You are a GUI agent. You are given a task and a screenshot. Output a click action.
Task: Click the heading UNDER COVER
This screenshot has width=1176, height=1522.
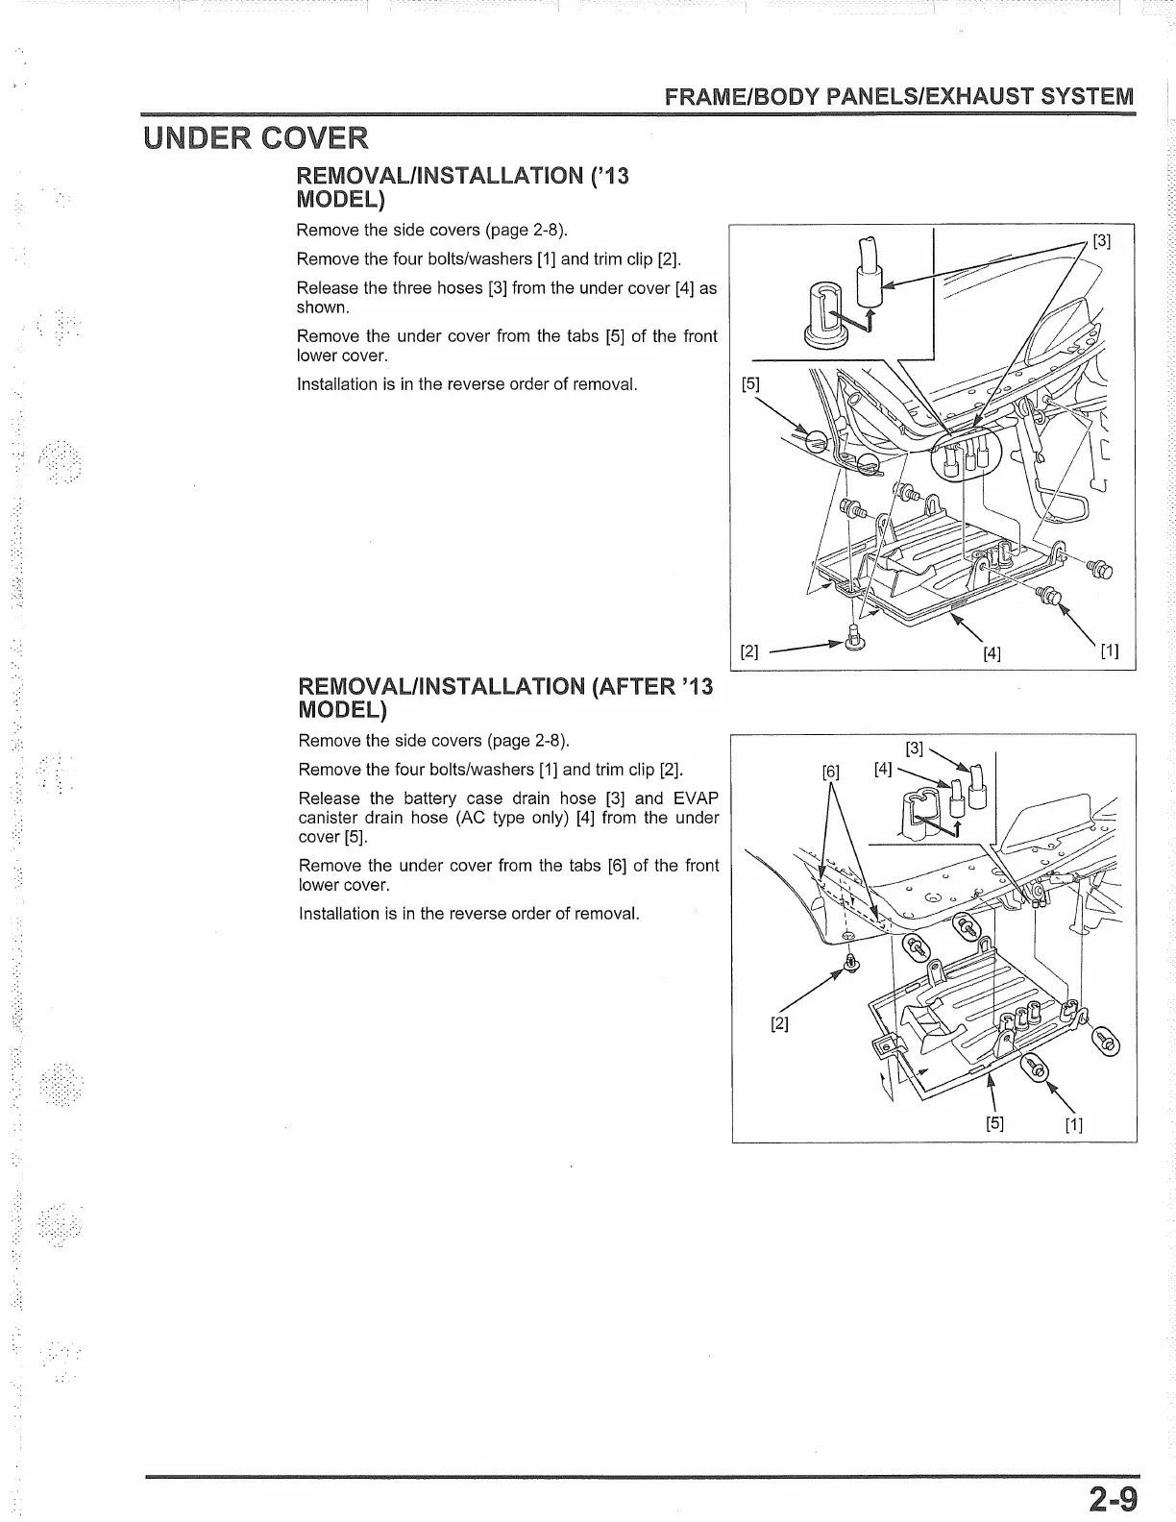click(x=255, y=138)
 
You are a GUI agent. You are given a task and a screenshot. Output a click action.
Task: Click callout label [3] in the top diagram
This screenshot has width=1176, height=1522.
click(x=1102, y=242)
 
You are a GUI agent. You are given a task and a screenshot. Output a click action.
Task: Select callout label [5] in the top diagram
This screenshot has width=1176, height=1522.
click(x=750, y=384)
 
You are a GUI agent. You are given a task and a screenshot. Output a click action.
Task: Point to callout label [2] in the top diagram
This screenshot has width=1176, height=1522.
click(x=749, y=651)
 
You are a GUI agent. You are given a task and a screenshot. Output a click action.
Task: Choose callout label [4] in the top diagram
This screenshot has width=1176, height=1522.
click(x=992, y=653)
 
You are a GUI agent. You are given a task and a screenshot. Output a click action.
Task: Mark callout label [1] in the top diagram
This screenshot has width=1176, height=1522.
click(x=1110, y=651)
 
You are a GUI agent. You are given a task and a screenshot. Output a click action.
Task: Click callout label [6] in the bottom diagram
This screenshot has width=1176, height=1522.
click(x=831, y=771)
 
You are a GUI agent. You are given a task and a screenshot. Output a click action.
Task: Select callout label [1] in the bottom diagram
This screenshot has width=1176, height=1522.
click(x=1074, y=1124)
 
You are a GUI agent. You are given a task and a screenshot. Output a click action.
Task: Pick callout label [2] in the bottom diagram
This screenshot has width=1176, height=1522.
click(x=779, y=1023)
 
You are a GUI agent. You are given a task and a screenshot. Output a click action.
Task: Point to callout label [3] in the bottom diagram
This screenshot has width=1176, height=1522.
click(x=915, y=749)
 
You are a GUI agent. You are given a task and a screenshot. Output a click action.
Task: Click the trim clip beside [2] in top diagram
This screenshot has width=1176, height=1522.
click(x=854, y=637)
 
